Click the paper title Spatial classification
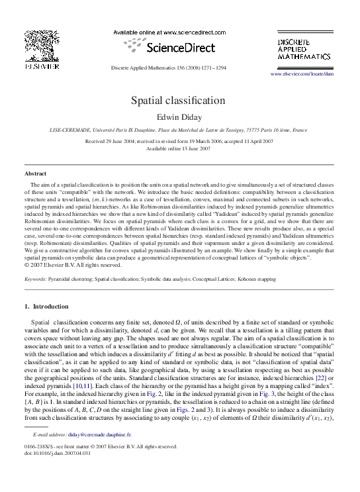point(179,101)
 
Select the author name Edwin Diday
point(179,117)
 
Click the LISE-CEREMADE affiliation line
point(179,131)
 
